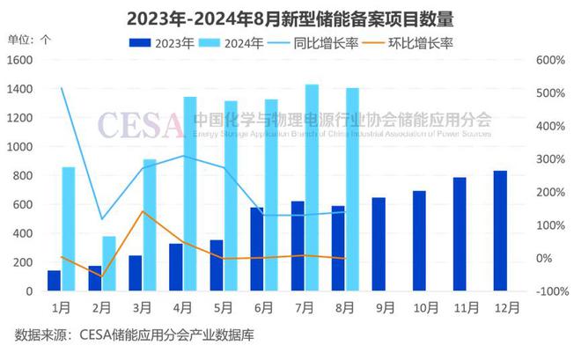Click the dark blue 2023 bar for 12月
click(x=499, y=231)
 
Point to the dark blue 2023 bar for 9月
click(x=379, y=244)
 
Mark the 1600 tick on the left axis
click(x=22, y=60)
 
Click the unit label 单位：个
click(x=29, y=40)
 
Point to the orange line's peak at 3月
click(x=143, y=211)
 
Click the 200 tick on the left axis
click(x=25, y=262)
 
